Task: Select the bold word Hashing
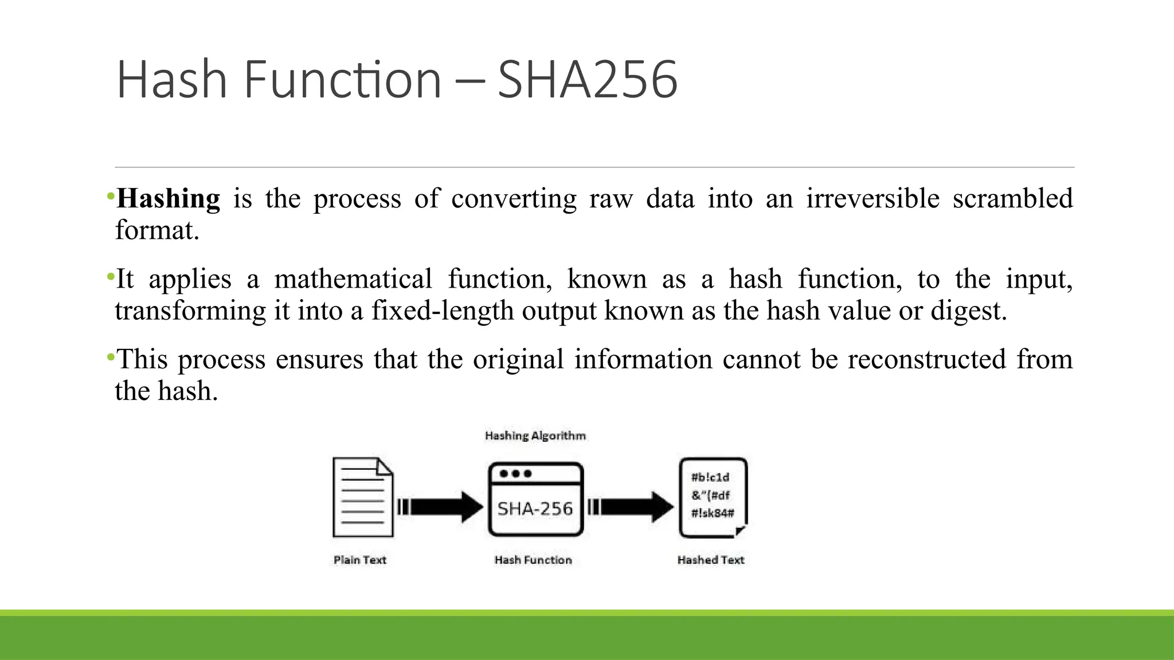pos(168,199)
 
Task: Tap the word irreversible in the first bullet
pos(872,199)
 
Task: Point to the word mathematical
pos(353,280)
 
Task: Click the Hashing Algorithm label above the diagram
pos(535,436)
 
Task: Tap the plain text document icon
pos(363,497)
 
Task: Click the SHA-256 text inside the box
pos(535,509)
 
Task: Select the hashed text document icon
pos(713,497)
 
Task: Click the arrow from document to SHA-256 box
pos(440,507)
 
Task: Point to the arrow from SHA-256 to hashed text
pos(631,507)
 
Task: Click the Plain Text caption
pos(360,560)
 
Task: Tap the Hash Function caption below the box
pos(533,560)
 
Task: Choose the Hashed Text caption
pos(711,560)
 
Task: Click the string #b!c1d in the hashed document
pos(710,477)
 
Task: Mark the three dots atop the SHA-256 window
pos(515,474)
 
